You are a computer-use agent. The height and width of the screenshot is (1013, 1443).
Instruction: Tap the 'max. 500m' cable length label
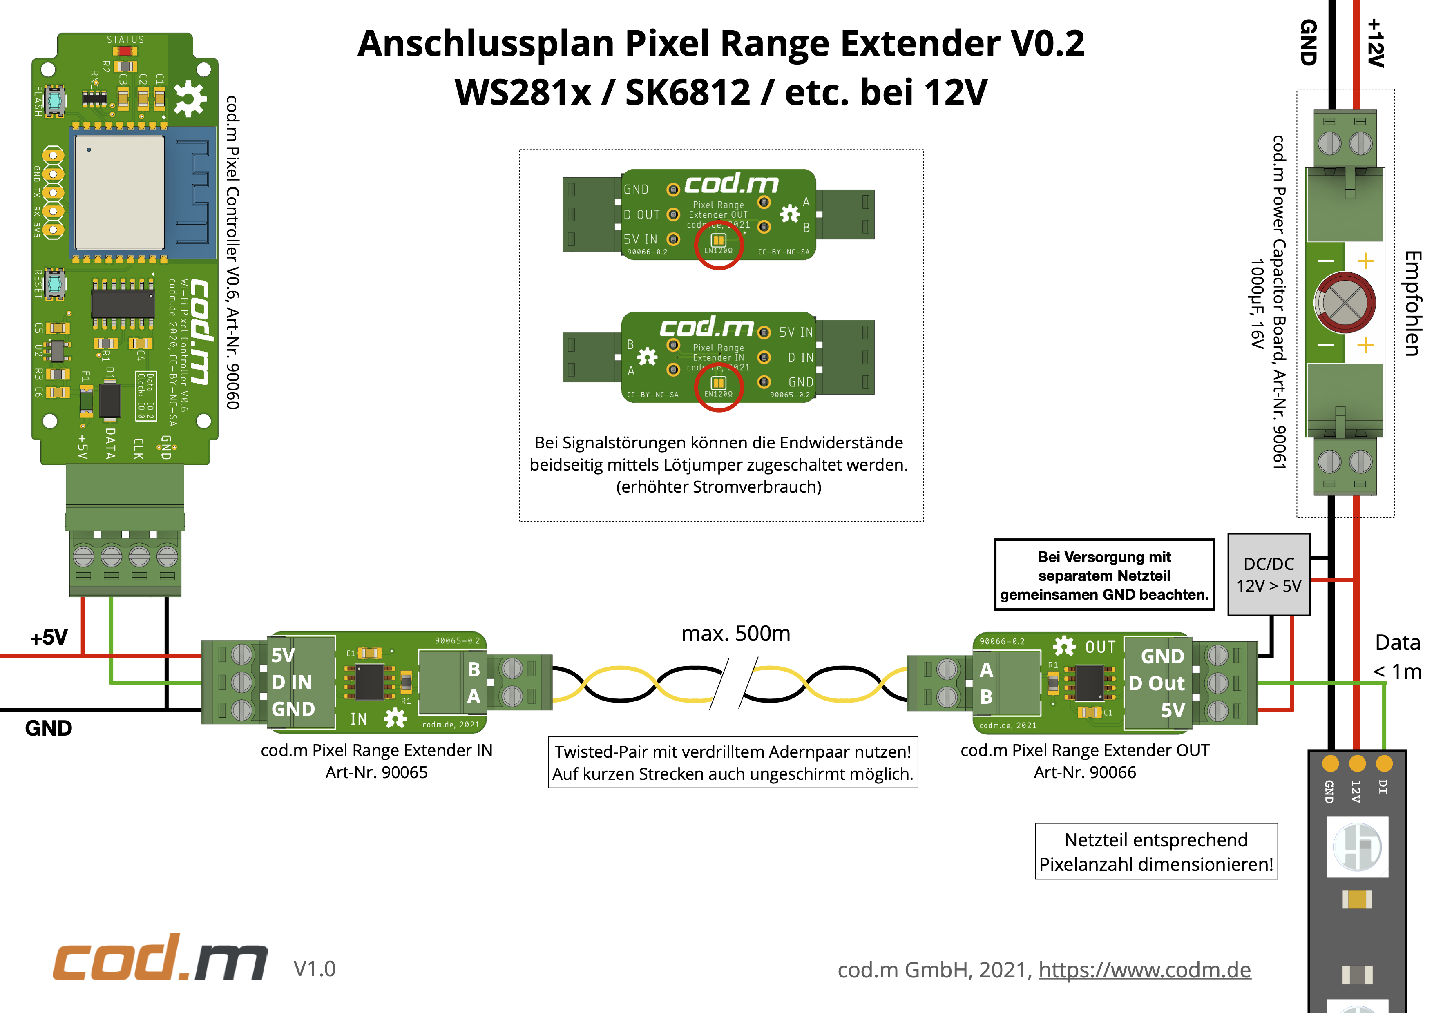[735, 634]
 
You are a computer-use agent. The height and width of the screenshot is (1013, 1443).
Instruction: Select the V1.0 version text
[314, 968]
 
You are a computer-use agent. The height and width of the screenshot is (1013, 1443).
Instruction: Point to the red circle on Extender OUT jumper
[718, 244]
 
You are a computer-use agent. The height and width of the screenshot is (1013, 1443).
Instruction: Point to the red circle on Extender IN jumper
[718, 387]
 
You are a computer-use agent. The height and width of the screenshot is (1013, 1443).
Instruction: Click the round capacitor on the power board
[1345, 302]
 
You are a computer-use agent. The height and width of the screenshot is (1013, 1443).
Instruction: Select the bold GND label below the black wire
[48, 728]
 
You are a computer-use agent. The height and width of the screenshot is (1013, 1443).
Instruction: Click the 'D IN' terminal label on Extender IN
[292, 682]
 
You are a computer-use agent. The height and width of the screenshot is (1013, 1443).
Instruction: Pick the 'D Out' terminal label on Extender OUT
[1157, 683]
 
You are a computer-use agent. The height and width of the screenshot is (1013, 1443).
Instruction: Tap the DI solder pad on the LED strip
[1384, 763]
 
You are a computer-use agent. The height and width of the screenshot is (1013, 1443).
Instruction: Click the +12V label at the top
[1375, 43]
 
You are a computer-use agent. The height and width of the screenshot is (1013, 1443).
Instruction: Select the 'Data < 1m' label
[1397, 657]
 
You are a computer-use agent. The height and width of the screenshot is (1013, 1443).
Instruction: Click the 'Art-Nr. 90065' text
[376, 772]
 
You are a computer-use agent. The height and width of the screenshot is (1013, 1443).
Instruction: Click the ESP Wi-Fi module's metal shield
[119, 192]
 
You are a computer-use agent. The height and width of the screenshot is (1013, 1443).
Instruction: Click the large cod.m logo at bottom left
[160, 958]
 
